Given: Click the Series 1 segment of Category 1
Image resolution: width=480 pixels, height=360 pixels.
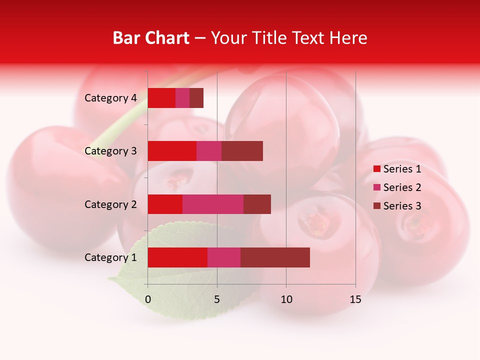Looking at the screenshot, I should point(177,257).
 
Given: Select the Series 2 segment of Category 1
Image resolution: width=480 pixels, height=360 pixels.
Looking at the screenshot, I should point(224,257).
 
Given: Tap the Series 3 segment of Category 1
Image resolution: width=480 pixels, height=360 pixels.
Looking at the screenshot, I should point(275,257).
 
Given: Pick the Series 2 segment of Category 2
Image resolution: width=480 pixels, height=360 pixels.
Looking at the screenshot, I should point(213,204).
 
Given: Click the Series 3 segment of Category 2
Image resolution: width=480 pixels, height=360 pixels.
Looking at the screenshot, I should point(257,204).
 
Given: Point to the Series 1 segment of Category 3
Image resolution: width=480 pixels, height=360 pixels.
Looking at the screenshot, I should point(172,151).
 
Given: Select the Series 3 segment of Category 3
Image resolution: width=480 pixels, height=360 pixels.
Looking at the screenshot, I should point(242,151).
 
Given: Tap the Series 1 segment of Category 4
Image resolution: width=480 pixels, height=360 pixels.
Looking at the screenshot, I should point(161,98).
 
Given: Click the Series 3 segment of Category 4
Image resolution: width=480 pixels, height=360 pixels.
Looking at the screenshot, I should point(196,98).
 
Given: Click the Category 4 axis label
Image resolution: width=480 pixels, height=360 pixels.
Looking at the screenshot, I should point(110,98).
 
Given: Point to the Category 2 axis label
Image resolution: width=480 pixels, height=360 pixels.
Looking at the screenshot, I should point(110,204).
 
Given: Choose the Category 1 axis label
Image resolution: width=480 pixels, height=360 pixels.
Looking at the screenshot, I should point(110,257).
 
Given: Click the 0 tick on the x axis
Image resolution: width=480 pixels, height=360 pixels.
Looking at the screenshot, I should point(148,299).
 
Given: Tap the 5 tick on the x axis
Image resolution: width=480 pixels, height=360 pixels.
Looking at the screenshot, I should point(217,299).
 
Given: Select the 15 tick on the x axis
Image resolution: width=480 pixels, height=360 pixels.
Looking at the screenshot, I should point(355,299).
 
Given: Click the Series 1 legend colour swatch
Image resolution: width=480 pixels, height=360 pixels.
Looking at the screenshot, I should point(377,169).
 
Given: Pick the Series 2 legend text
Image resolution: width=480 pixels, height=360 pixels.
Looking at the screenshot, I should point(402,187).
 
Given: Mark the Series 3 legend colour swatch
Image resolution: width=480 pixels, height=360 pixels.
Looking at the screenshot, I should point(377,206).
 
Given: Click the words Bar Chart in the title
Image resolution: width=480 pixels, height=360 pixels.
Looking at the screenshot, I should point(151,38).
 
